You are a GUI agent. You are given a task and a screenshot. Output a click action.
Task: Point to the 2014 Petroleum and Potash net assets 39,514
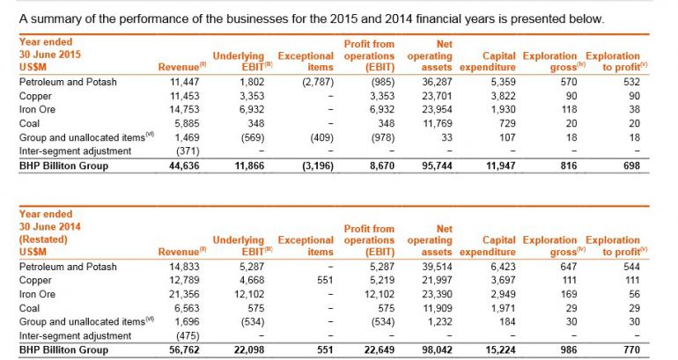coord(435,267)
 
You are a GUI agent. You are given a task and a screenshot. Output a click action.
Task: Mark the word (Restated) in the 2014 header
coord(41,238)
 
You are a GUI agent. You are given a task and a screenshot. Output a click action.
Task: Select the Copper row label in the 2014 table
coord(33,279)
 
